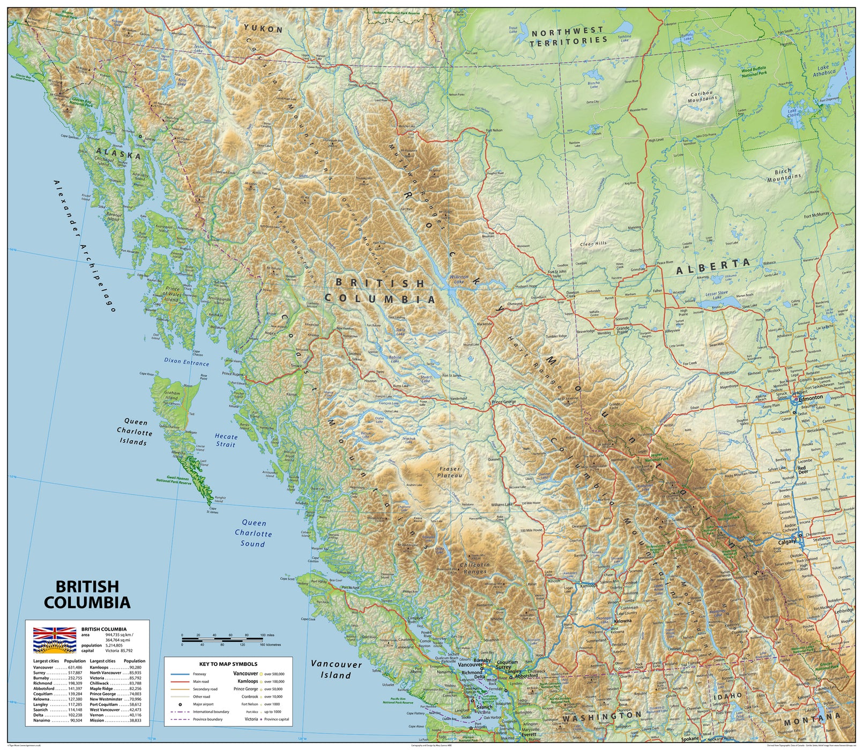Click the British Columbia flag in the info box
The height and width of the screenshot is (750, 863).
[x=54, y=640]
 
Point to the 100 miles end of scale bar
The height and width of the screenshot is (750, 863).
[x=263, y=635]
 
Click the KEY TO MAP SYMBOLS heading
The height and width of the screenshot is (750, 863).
[x=228, y=664]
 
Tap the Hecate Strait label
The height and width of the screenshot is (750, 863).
[x=226, y=440]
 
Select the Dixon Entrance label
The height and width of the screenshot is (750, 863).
[x=187, y=363]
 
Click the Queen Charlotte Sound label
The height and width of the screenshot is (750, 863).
[x=253, y=533]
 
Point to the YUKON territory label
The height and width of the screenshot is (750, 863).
[x=263, y=29]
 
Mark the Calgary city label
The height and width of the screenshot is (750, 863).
[x=788, y=542]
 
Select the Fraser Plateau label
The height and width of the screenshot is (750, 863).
[x=448, y=472]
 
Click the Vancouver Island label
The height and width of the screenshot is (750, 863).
[x=336, y=669]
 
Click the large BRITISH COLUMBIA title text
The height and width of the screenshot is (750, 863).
[x=87, y=594]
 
